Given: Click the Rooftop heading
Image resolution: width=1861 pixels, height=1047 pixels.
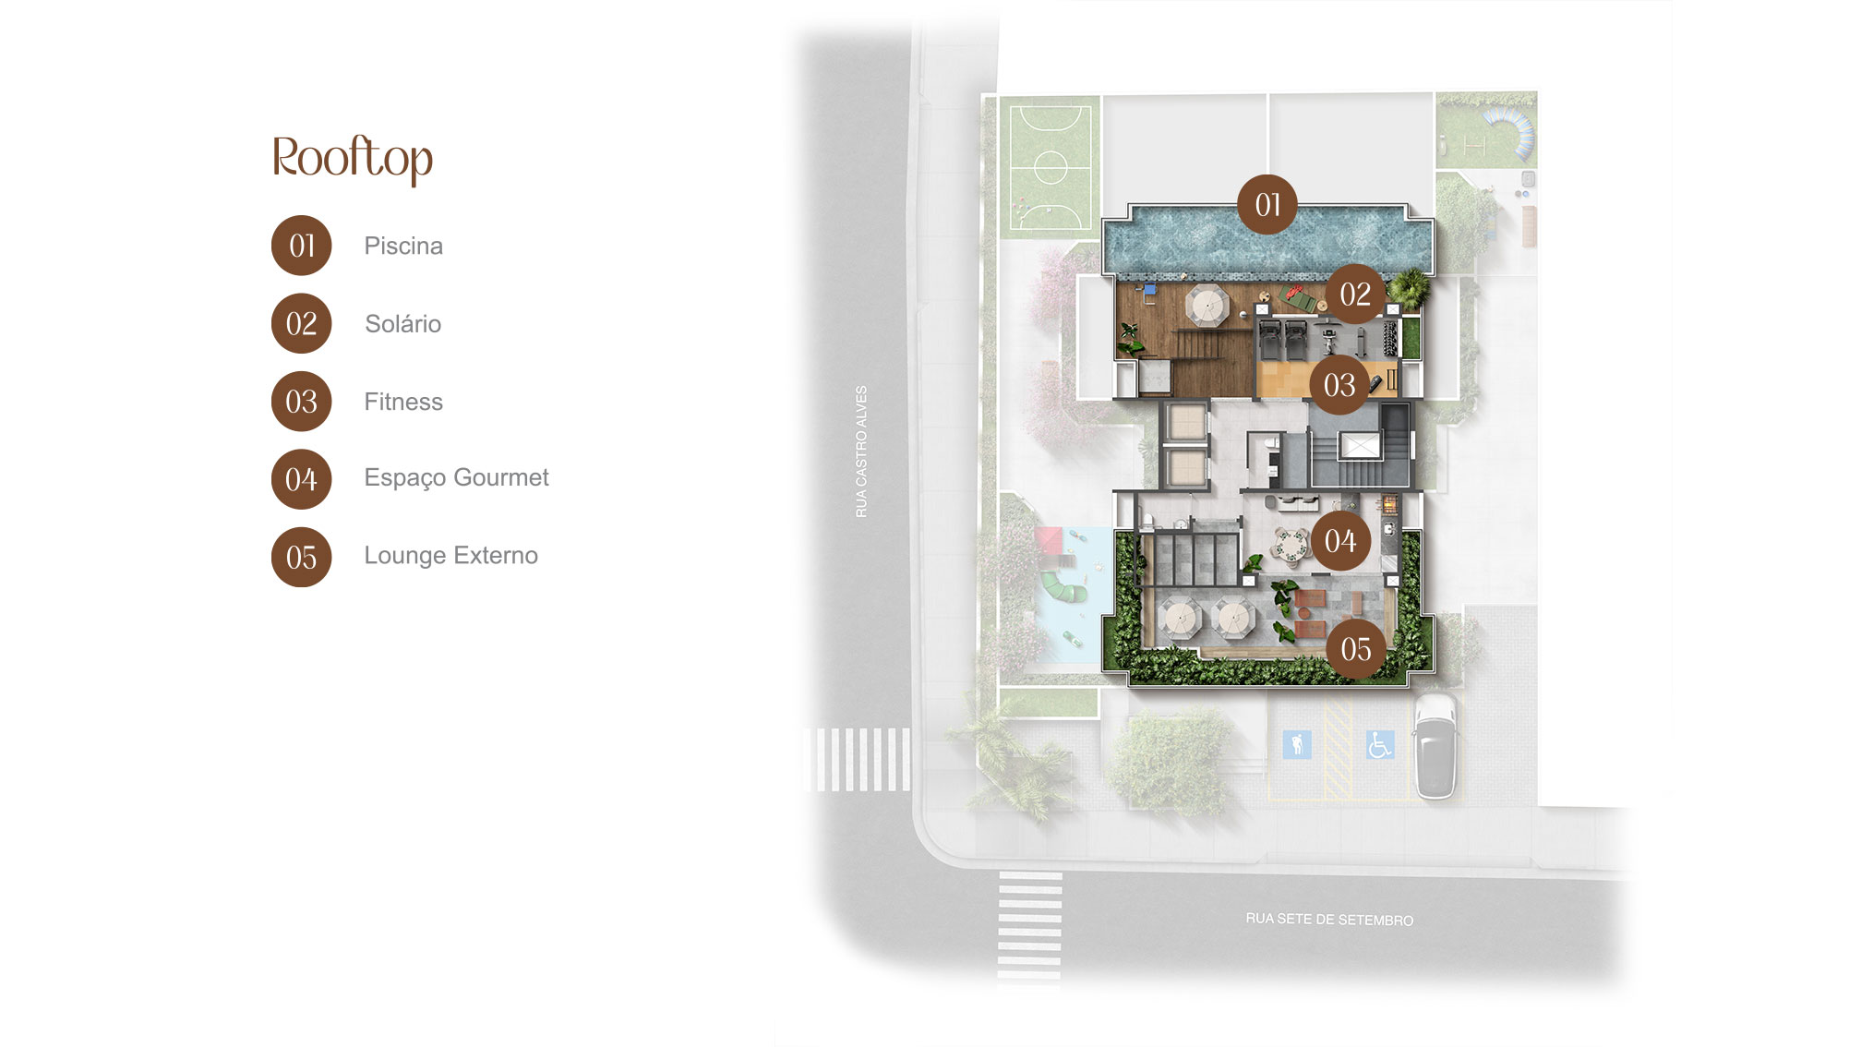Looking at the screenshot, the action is pyautogui.click(x=353, y=158).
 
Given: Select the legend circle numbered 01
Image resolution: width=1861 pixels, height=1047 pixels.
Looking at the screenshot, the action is pyautogui.click(x=301, y=246).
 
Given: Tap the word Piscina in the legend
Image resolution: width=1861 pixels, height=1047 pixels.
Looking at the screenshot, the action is pyautogui.click(x=403, y=246).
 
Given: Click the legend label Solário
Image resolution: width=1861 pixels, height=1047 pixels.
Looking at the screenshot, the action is pyautogui.click(x=402, y=323).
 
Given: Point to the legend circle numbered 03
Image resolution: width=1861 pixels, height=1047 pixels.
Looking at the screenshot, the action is pyautogui.click(x=301, y=402).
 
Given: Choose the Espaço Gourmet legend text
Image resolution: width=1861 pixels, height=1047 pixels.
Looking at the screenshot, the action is pyautogui.click(x=456, y=478).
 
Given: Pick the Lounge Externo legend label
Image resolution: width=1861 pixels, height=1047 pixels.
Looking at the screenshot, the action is pyautogui.click(x=450, y=555).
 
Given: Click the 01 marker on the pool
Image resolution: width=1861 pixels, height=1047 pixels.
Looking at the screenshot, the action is pyautogui.click(x=1267, y=204).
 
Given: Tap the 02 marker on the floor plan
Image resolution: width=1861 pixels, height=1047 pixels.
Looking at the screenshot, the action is pyautogui.click(x=1355, y=294).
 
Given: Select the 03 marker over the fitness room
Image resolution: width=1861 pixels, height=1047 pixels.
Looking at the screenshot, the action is pyautogui.click(x=1339, y=384).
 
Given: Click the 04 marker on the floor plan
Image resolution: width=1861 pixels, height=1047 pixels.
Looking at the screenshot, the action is pyautogui.click(x=1340, y=540).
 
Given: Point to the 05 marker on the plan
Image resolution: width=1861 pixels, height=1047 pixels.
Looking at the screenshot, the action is pyautogui.click(x=1356, y=649).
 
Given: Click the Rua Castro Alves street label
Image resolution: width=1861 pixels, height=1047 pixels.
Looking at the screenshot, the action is pyautogui.click(x=861, y=451).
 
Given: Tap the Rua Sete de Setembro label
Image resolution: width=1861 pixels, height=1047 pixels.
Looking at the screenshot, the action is pyautogui.click(x=1329, y=919).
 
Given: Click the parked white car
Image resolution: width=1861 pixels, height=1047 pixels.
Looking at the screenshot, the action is pyautogui.click(x=1435, y=746).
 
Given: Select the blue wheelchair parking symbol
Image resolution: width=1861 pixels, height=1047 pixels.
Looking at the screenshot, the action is pyautogui.click(x=1380, y=744).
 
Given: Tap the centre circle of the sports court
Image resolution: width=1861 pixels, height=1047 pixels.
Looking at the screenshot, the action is pyautogui.click(x=1051, y=167).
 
